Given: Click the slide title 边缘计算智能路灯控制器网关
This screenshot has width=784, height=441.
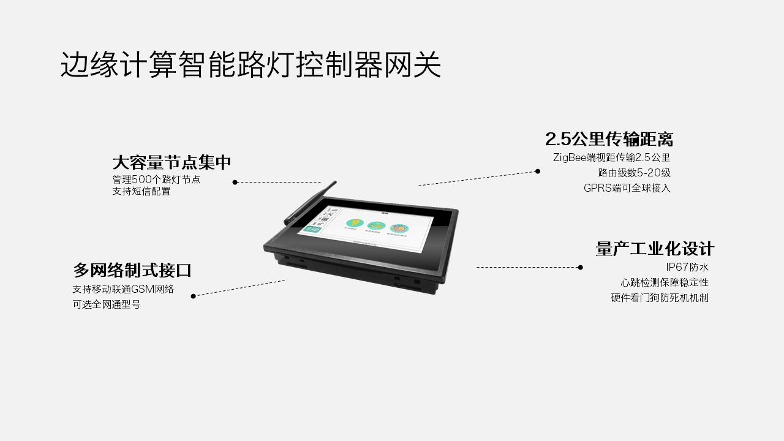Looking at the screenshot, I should click(251, 64).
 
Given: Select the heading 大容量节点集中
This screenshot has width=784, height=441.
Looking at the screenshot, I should click(171, 162).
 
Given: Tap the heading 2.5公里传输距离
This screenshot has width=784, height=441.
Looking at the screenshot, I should click(609, 138).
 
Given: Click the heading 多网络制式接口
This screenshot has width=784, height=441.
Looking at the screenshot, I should click(132, 270).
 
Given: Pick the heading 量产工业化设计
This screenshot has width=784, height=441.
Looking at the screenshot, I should click(655, 249).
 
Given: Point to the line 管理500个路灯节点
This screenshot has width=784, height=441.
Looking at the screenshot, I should click(156, 179).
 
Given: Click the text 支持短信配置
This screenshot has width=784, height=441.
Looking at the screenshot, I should click(141, 191).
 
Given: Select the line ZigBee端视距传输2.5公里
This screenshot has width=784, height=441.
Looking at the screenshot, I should click(611, 157).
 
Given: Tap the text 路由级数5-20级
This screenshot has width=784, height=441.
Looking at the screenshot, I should click(634, 173).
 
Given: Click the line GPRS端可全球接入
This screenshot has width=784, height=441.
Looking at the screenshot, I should click(627, 188).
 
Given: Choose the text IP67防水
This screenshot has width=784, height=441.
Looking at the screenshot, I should click(687, 267).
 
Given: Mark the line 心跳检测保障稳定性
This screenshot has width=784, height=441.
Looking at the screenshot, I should click(664, 282).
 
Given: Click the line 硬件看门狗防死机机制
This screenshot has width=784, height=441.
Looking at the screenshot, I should click(659, 298).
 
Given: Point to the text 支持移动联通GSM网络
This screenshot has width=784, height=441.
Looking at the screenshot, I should click(123, 289).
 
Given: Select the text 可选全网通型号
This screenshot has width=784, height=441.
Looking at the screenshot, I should click(107, 304).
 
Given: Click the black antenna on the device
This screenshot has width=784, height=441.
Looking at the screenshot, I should click(309, 203).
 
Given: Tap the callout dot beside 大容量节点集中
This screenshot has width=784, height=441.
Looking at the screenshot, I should click(235, 182).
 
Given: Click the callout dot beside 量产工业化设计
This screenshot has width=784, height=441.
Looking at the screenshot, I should click(580, 267).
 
